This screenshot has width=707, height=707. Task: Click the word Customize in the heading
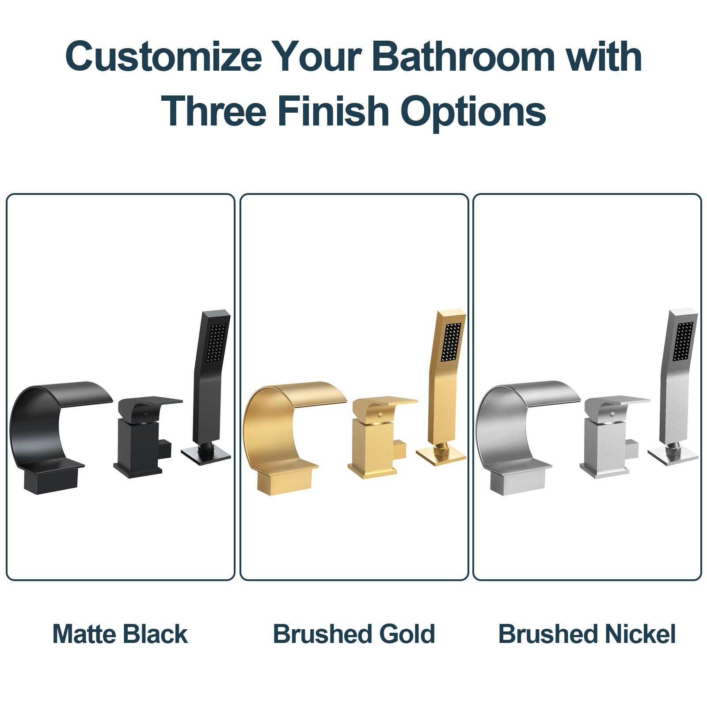(163, 56)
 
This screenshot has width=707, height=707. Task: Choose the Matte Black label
(120, 634)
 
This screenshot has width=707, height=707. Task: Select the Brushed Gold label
(354, 634)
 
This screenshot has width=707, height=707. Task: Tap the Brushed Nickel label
(587, 634)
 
